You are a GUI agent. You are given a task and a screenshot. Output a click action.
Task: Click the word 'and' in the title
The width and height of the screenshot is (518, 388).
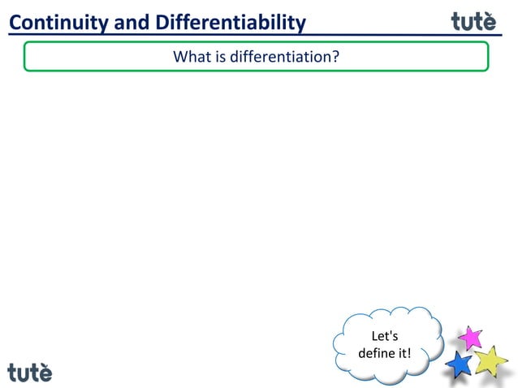point(128,23)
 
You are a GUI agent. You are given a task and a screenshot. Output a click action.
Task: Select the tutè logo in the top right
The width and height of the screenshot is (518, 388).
point(473,21)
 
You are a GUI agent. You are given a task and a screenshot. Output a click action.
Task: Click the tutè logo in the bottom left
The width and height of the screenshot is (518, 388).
point(30,372)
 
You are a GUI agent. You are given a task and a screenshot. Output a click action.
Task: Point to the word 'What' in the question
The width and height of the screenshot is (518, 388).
point(191,57)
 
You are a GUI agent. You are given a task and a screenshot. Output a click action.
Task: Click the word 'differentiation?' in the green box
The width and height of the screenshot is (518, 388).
point(285,57)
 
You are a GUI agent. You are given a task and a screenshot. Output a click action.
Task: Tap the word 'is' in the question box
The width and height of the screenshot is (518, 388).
point(219,57)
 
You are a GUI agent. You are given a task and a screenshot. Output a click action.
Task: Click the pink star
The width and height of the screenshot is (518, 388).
point(470,337)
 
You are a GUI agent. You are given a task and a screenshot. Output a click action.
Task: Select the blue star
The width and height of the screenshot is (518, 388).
point(460,364)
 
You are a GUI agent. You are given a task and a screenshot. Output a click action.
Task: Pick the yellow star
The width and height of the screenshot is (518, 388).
point(490,360)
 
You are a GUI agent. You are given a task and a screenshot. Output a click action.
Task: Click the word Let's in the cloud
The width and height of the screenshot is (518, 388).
point(384,336)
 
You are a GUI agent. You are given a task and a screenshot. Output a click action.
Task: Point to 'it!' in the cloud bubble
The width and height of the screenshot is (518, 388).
point(404,354)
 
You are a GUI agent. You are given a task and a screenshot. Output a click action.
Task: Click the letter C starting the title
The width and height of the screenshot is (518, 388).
point(15,23)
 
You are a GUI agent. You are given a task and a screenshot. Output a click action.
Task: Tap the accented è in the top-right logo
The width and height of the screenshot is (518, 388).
point(488,21)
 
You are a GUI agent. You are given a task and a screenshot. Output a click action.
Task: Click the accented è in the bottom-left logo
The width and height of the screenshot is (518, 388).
point(44,373)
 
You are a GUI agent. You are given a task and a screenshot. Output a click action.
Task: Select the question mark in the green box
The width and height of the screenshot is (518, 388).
point(335,57)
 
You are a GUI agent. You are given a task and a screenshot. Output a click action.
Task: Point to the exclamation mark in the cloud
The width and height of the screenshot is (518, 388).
point(410,354)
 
